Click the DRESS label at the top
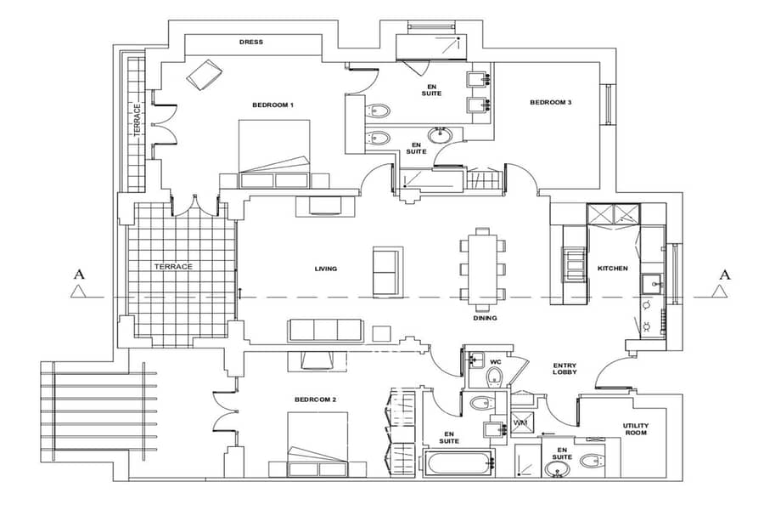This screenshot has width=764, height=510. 251,42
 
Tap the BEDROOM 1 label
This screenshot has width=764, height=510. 272,105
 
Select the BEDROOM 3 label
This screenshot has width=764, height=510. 551,103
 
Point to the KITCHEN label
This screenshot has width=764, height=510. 612,269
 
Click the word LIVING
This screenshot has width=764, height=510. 325,269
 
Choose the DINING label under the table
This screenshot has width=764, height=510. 485,318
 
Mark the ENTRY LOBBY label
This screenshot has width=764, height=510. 565,368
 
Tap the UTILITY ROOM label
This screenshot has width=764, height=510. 636,429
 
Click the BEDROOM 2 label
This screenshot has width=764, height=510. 315,399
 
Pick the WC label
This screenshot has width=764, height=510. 496,362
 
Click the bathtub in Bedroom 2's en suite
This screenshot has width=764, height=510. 459,463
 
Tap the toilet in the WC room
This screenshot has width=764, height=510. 495,377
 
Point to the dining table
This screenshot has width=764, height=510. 482,269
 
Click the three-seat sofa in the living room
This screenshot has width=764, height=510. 325,331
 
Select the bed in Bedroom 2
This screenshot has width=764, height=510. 317,445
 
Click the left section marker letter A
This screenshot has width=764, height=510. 79,275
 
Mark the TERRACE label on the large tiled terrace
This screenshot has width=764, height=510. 173,267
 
